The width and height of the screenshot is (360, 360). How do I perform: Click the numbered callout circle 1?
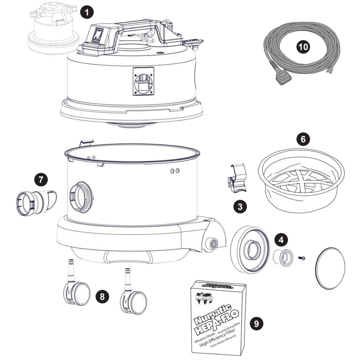coord(87,13)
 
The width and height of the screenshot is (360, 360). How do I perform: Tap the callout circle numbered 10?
coord(303,47)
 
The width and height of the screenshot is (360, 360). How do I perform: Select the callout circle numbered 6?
coord(303,139)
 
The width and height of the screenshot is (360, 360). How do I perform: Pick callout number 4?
coord(282,239)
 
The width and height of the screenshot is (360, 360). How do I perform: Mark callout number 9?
coord(256,324)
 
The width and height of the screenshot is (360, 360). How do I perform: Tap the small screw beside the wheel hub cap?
coord(302,258)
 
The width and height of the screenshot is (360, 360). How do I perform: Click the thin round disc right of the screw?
coord(330,268)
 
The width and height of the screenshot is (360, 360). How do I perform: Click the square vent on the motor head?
coord(143,81)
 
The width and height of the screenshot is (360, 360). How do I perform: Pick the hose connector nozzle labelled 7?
coord(36,202)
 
